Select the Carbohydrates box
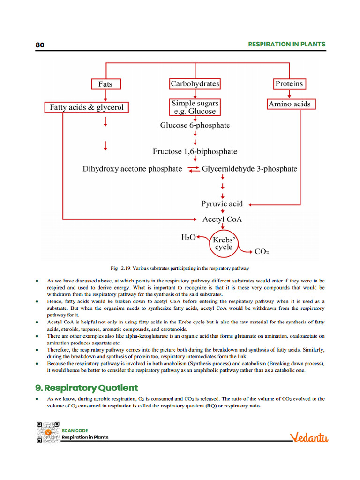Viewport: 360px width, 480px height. pos(195,84)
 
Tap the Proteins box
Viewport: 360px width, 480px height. pos(289,84)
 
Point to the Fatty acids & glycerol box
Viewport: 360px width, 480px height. pos(86,107)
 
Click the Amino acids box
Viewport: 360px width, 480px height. pos(289,104)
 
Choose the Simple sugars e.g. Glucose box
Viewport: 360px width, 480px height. pos(195,107)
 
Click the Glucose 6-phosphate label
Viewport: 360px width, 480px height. pos(195,126)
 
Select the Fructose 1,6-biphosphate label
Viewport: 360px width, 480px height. pos(195,152)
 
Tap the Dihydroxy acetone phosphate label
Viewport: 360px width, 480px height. pos(132,169)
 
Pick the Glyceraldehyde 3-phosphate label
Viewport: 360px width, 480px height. pos(249,169)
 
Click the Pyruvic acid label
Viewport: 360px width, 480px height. pos(222,204)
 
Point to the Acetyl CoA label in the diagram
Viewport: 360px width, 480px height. pos(222,219)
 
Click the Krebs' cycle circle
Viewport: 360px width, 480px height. pos(224,243)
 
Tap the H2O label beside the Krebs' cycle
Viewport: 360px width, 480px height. pos(188,238)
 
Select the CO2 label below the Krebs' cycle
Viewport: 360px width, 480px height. pos(262,252)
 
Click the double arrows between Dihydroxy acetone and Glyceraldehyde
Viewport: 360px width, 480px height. pos(193,169)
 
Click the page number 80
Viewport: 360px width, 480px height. pos(40,45)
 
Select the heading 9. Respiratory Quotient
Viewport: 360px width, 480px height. pos(87,388)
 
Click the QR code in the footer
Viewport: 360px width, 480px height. pos(46,432)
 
